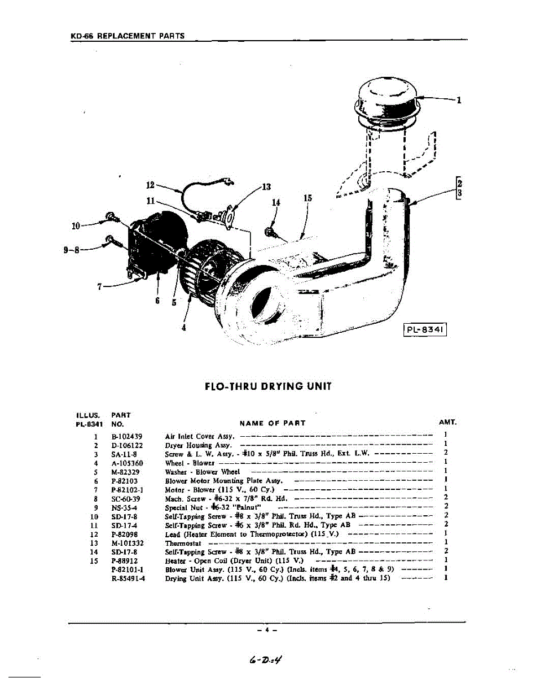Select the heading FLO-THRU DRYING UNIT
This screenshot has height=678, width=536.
click(267, 387)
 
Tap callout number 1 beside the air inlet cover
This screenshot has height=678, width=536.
click(460, 101)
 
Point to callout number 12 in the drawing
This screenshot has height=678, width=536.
click(150, 184)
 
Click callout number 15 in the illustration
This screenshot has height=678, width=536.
click(307, 198)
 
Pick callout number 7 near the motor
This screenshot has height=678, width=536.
click(99, 286)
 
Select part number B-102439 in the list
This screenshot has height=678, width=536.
click(127, 436)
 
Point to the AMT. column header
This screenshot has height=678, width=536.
click(447, 423)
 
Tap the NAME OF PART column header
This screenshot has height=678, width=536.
click(273, 423)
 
